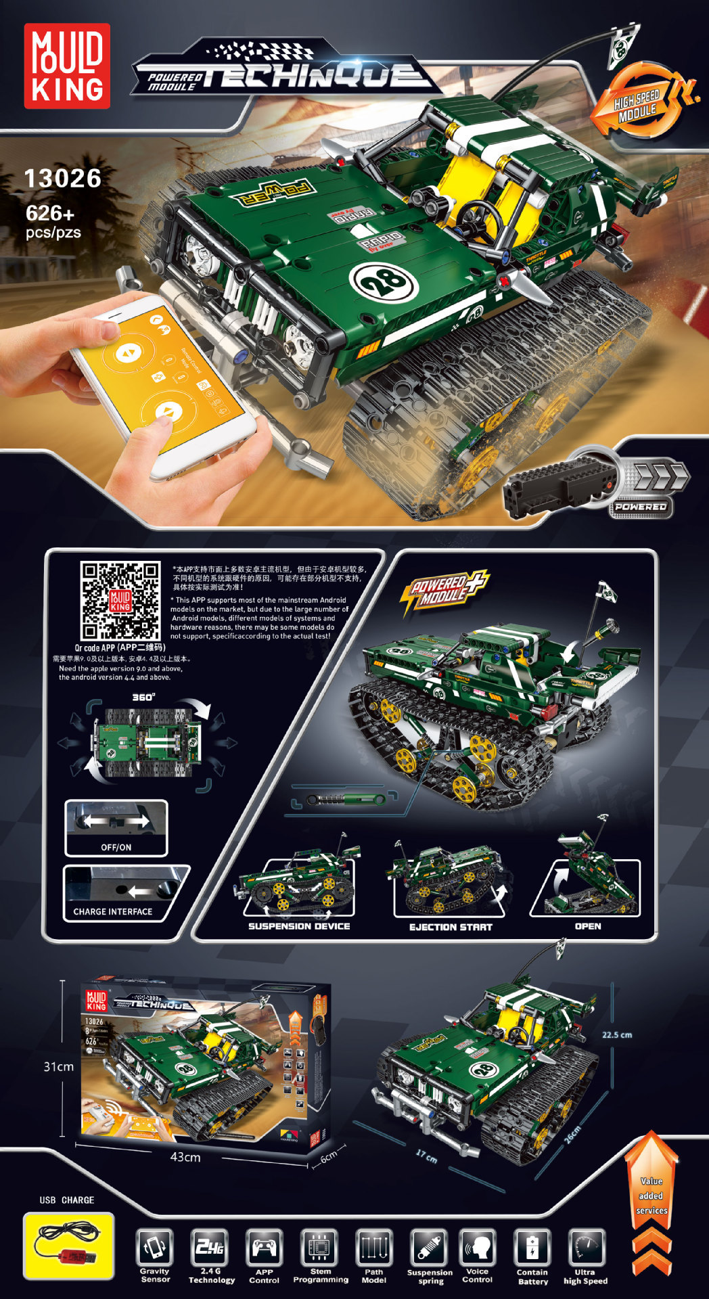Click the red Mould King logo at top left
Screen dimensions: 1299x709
[67, 66]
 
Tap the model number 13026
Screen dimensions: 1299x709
[63, 179]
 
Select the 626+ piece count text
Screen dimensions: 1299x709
[50, 214]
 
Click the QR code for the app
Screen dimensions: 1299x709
[120, 600]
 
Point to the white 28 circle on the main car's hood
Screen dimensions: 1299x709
[380, 279]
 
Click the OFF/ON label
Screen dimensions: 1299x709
[116, 847]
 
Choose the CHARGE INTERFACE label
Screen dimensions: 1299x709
[113, 911]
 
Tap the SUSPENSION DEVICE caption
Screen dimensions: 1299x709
[299, 926]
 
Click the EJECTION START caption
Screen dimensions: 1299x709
[451, 927]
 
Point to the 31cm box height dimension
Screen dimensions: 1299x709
[59, 1066]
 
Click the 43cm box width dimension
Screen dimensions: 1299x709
[185, 1157]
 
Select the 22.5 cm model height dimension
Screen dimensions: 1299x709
[617, 1034]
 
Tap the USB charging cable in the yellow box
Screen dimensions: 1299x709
[68, 1246]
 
